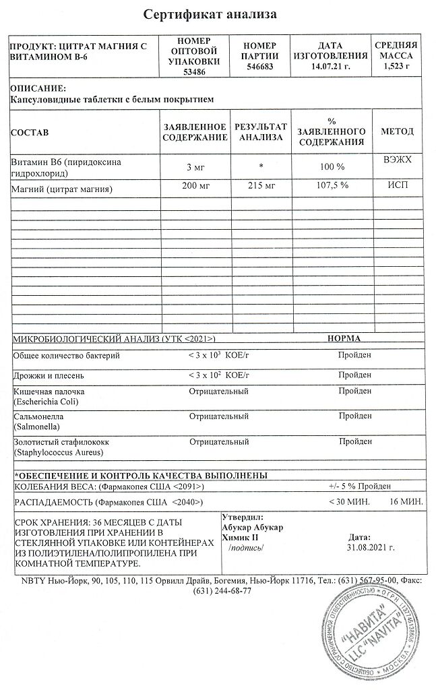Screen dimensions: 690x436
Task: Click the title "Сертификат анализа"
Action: tap(211, 14)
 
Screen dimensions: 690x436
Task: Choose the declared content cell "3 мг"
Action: tap(195, 166)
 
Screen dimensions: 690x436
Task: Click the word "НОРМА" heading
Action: tap(343, 338)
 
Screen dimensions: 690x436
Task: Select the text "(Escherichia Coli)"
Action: tap(46, 402)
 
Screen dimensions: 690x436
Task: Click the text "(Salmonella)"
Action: tap(37, 427)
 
